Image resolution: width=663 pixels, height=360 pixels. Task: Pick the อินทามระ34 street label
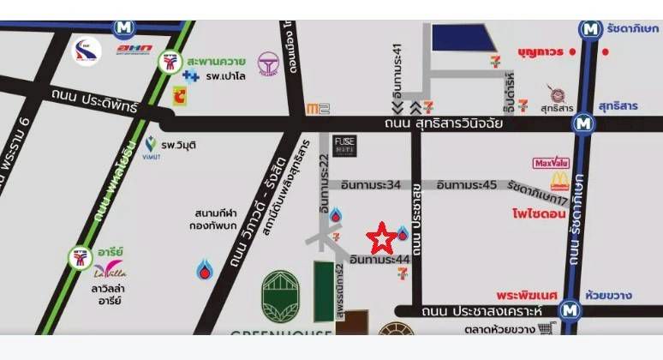coord(371,184)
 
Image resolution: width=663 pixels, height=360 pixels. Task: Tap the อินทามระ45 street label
coord(467,184)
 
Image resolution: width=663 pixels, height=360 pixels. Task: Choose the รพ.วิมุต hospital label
coord(177,145)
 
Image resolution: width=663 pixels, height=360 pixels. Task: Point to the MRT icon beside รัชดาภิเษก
coord(590,29)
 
